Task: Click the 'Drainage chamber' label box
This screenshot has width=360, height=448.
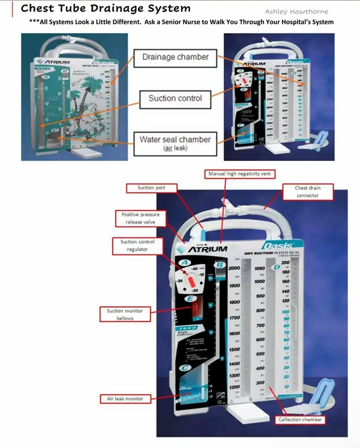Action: (175, 57)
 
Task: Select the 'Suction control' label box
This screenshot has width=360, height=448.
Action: (175, 98)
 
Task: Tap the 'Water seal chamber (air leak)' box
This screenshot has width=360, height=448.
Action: (175, 142)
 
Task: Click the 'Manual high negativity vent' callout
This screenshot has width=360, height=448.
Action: (239, 174)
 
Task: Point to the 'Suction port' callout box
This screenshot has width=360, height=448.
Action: (151, 187)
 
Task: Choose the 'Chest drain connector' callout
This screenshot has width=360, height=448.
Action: (307, 191)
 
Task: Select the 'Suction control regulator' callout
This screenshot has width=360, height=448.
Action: (137, 245)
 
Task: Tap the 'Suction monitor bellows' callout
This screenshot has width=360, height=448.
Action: (125, 314)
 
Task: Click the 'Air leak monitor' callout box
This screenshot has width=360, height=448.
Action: (125, 398)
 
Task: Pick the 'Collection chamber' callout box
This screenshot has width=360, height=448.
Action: (300, 419)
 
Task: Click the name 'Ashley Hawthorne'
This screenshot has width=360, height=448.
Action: (296, 11)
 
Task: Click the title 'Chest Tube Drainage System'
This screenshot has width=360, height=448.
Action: (105, 8)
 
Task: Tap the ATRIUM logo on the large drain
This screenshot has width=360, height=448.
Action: (208, 248)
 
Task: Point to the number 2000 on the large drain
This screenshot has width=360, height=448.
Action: (235, 269)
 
